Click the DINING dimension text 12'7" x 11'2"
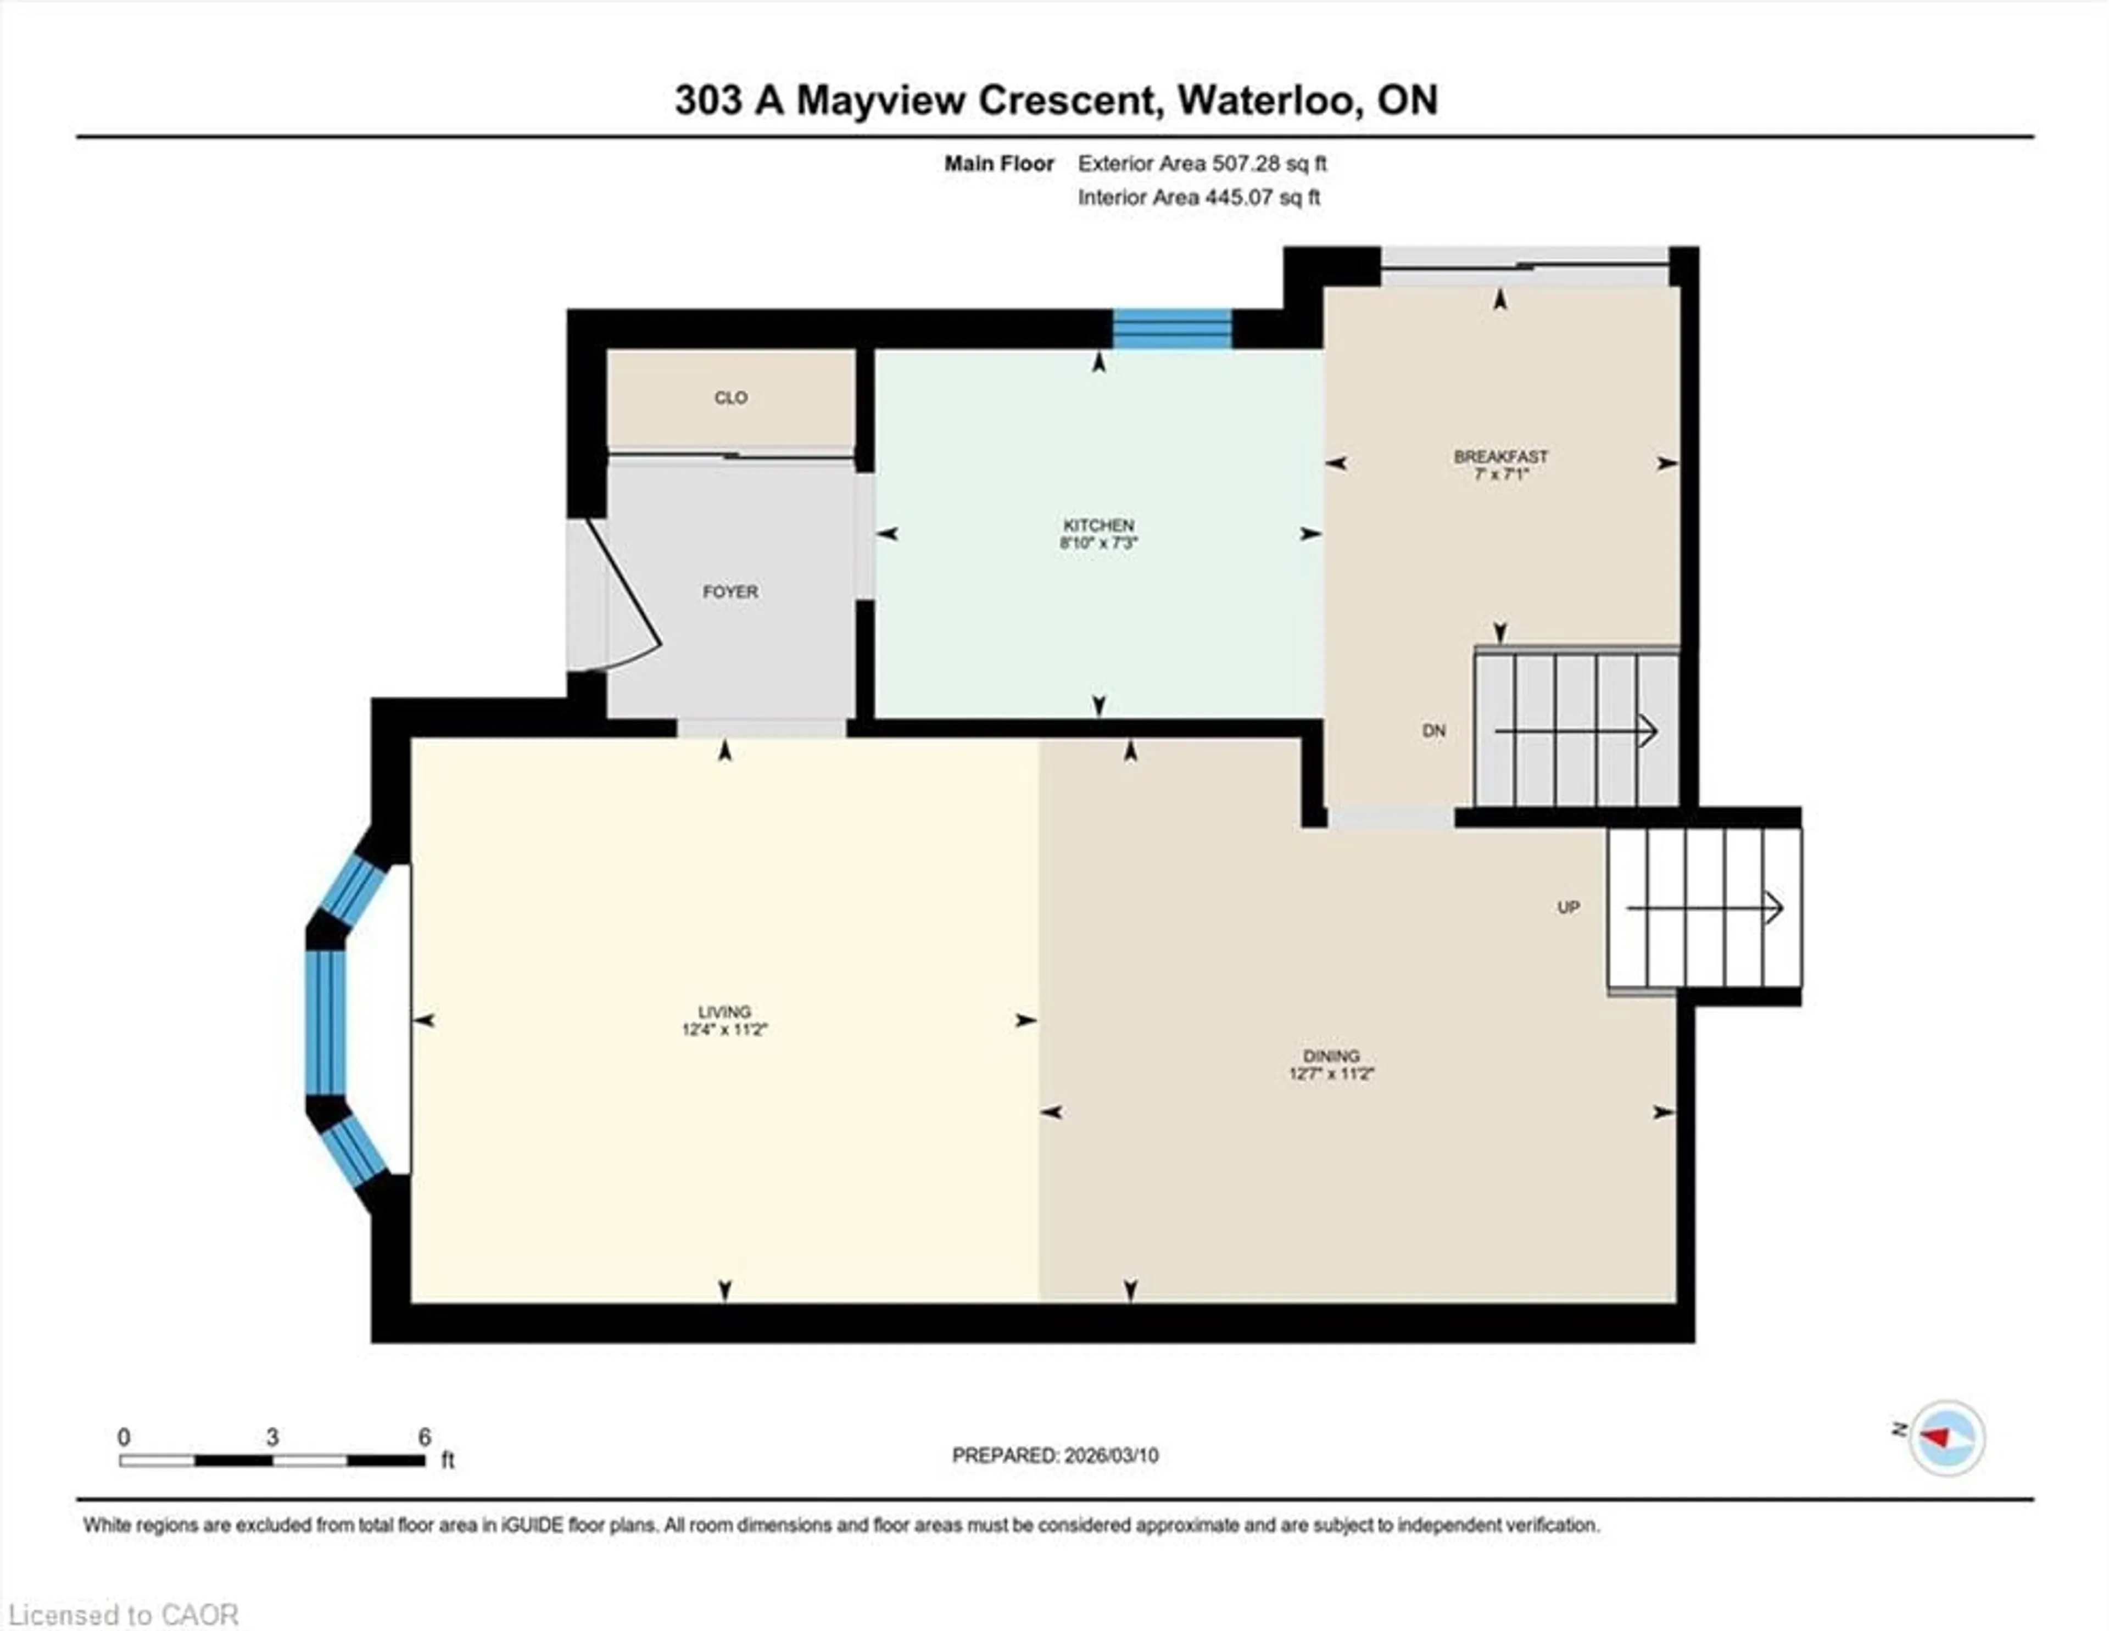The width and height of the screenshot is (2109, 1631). pos(1331,1074)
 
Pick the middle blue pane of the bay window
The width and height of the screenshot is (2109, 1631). pos(326,1023)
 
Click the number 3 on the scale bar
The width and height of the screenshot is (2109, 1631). pos(272,1437)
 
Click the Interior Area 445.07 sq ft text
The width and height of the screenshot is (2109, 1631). pos(1198,198)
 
